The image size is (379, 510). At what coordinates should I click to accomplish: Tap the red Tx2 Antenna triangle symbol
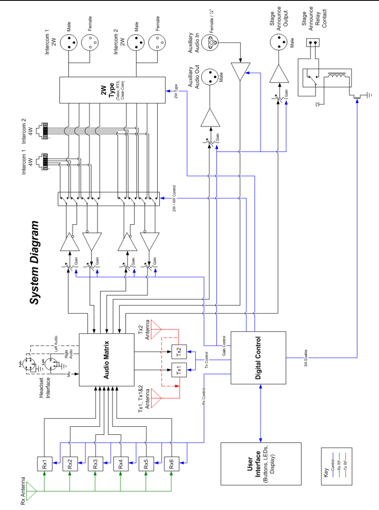tap(155, 330)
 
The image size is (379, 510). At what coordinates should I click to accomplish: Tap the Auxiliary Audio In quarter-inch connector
tap(210, 42)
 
